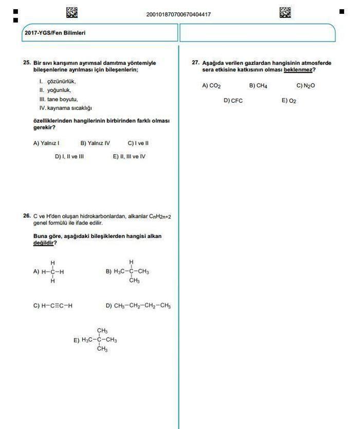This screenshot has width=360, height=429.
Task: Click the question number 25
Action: [27, 63]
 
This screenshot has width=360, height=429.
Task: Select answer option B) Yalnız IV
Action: [95, 143]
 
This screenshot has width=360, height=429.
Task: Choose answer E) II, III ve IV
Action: [129, 157]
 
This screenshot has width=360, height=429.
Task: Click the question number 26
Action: [27, 216]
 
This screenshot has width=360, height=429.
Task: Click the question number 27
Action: [195, 63]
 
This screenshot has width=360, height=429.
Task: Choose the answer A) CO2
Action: [211, 86]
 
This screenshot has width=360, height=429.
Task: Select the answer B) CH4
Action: [258, 86]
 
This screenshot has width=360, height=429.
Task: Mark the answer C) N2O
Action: [305, 86]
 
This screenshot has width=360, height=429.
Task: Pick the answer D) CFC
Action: [233, 101]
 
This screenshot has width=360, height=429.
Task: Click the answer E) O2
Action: [289, 101]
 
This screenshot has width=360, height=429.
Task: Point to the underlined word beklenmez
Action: [298, 70]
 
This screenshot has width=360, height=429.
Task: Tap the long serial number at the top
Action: [178, 14]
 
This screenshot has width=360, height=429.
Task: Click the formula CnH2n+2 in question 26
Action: [160, 217]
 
